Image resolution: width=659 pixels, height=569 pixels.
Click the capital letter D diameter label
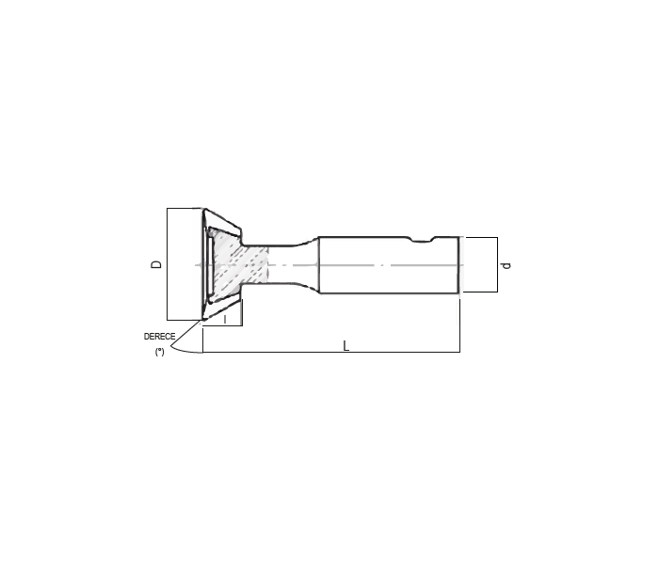156,264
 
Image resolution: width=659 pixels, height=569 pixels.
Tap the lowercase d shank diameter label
506,265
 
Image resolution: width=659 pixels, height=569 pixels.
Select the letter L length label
346,346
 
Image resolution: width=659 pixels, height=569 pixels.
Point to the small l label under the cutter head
225,319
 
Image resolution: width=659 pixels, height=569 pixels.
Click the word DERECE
159,337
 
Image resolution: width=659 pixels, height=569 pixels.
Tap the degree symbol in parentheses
160,352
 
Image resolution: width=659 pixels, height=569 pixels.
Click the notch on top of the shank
422,240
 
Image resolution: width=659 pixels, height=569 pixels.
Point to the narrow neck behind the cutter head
286,264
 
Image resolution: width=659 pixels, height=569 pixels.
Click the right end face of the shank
458,265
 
